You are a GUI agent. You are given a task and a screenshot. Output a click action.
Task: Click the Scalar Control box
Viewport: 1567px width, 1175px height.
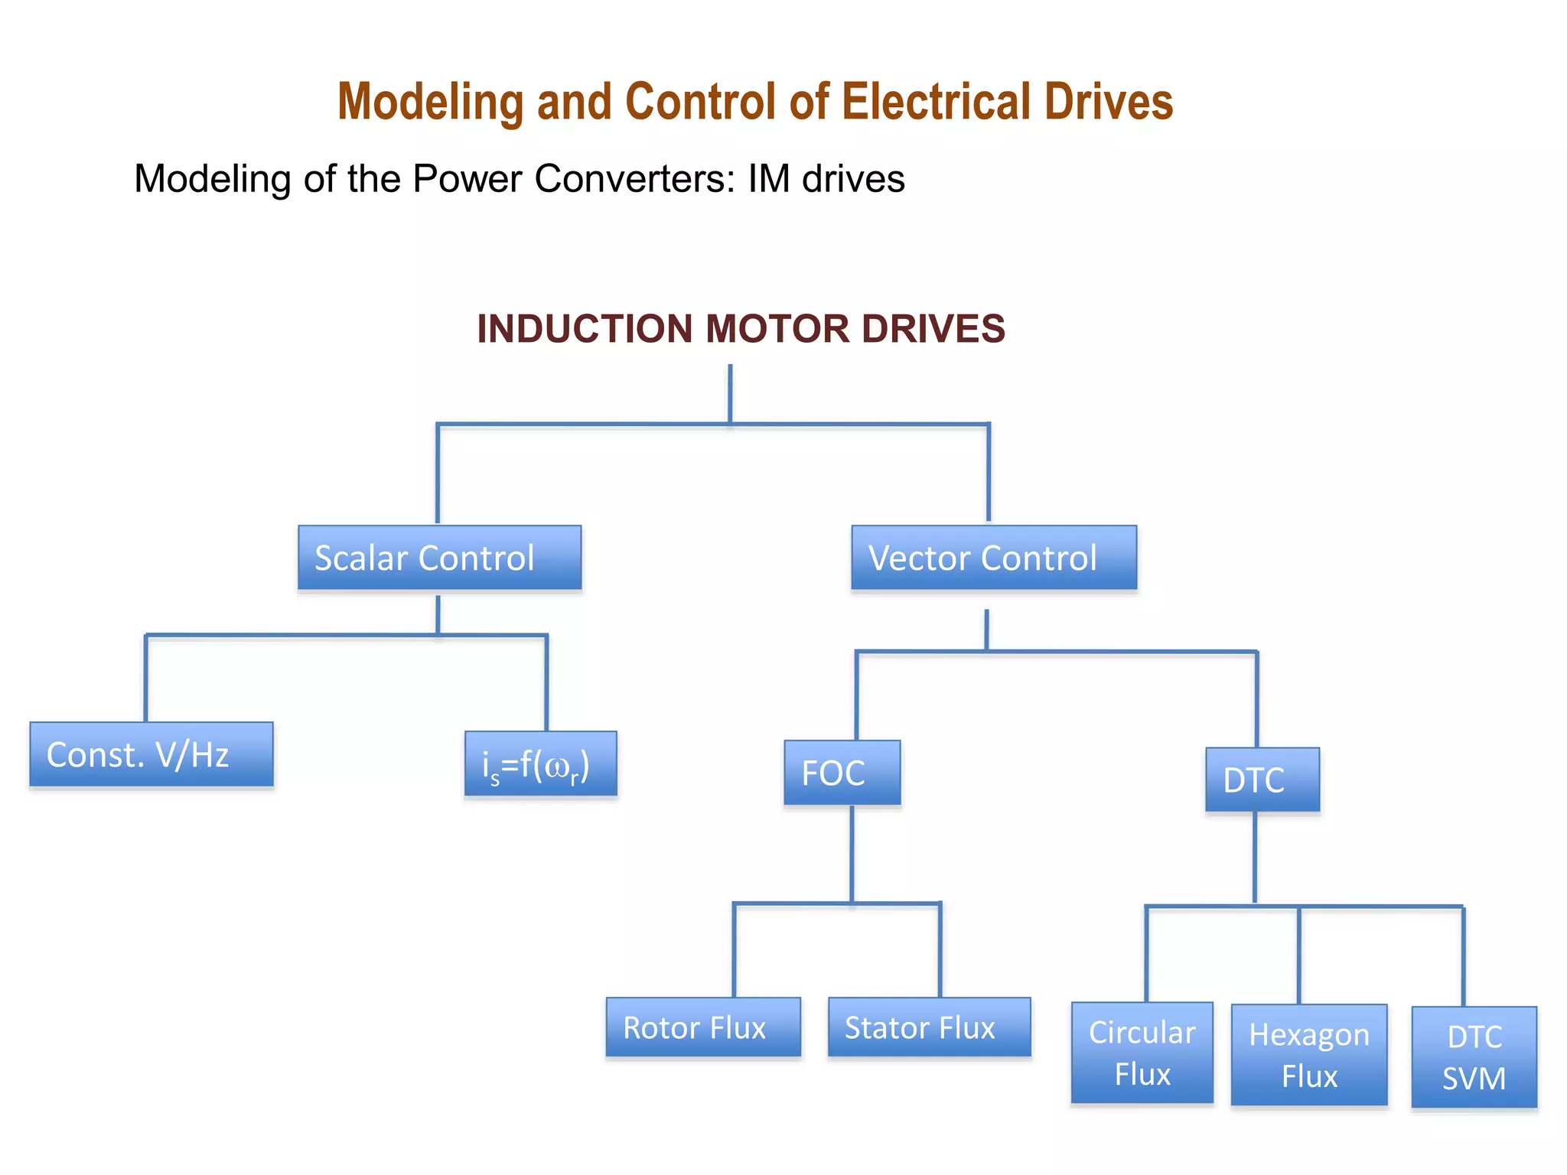pos(439,558)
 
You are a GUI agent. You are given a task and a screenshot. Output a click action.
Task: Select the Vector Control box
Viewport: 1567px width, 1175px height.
pos(993,558)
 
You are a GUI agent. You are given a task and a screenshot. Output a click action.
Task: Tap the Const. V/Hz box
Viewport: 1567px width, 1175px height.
pos(151,754)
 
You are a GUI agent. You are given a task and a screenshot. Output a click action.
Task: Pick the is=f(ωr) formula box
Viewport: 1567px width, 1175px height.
pos(540,764)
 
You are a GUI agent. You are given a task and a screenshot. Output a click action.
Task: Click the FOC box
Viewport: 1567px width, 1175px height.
pos(842,773)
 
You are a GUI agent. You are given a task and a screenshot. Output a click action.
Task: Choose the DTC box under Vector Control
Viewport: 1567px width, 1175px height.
pos(1262,780)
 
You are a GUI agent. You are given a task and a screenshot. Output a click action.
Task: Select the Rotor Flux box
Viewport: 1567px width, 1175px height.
pos(702,1027)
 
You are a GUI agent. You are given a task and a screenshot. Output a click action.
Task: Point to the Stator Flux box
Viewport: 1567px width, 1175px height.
pos(929,1027)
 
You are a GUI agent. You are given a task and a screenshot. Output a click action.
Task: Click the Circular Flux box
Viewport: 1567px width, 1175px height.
pos(1142,1053)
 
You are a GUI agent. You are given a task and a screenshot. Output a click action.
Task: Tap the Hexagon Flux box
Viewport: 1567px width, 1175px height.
pos(1308,1055)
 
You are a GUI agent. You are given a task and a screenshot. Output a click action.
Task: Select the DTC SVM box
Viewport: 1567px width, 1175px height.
pos(1474,1057)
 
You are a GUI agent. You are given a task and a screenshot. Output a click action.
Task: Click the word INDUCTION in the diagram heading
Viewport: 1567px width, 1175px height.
pos(585,329)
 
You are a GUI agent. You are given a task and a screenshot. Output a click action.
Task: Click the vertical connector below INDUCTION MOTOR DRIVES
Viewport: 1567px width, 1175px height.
pos(730,393)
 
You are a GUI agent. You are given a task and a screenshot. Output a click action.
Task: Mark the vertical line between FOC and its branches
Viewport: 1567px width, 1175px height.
pos(852,853)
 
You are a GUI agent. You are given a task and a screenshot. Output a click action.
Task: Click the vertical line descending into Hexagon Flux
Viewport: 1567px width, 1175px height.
pos(1298,955)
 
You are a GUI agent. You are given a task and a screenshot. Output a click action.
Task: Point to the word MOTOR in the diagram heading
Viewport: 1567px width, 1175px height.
pos(777,329)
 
